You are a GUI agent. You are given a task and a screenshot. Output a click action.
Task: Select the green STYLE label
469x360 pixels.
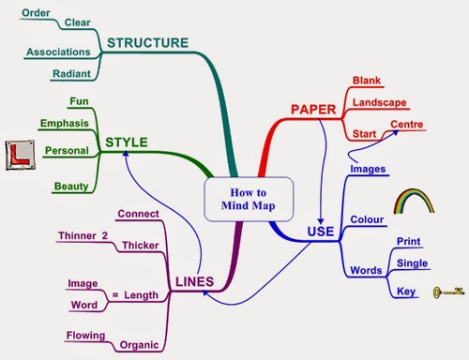tap(127, 142)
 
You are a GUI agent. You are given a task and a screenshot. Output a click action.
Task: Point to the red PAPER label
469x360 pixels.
tap(313, 110)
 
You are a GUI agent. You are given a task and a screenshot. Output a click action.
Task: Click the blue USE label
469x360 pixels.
tap(321, 232)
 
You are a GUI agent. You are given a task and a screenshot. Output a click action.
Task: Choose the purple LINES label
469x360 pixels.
tap(194, 281)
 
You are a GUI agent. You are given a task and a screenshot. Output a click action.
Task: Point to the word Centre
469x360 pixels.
tap(406, 125)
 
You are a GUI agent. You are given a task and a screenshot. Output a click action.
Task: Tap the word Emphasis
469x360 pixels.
tap(64, 123)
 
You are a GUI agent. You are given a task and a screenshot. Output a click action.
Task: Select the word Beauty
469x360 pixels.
tap(71, 187)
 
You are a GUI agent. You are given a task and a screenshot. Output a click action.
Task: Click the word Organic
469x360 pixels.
tap(139, 345)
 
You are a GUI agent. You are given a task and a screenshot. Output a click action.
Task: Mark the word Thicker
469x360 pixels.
tap(139, 246)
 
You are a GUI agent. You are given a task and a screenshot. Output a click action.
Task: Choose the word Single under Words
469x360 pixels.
tap(413, 262)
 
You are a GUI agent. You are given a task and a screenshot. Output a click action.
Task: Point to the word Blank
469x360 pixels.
tap(367, 81)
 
